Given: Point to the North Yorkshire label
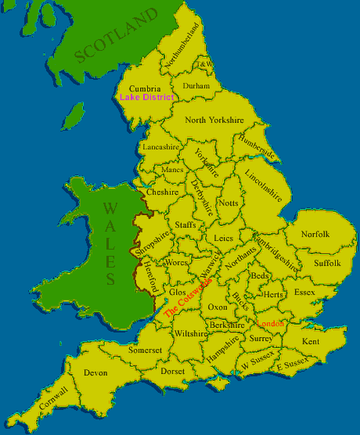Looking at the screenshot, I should point(214,120).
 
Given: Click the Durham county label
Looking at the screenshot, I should point(196,85).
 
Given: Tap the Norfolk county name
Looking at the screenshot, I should point(315,235).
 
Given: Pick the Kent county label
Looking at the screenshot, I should point(311,342).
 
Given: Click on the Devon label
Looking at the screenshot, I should point(95,373).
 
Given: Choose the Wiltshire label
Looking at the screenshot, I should point(191,334).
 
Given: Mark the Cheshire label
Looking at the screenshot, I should point(162,192).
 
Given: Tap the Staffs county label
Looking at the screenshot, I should point(185,225).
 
